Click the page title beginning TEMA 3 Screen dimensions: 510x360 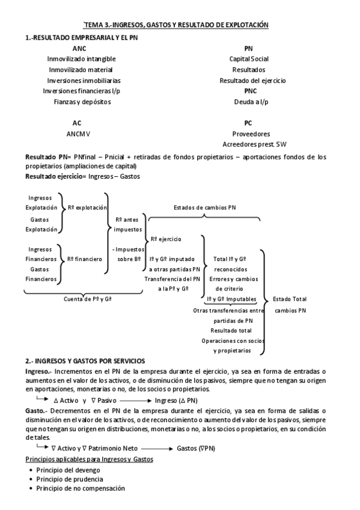(175, 25)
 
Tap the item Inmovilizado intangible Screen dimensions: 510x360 (81, 59)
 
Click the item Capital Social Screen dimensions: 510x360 (249, 59)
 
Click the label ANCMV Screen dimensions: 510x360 (78, 134)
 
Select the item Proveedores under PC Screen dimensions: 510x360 (251, 134)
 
